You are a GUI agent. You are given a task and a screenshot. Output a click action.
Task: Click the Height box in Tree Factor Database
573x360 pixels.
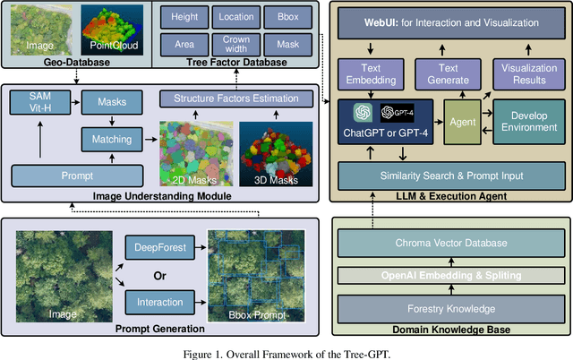coord(184,16)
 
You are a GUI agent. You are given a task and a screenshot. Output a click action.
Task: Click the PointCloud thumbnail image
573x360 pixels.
coord(110,27)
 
